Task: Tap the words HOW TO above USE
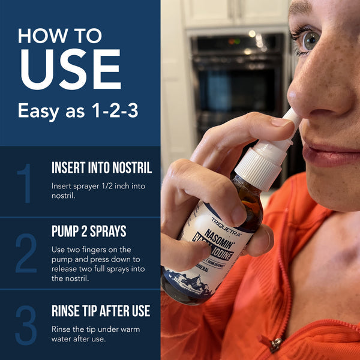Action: [60, 35]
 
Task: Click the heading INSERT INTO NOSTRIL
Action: [101, 168]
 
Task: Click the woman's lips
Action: [330, 155]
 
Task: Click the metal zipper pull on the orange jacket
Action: [275, 344]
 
